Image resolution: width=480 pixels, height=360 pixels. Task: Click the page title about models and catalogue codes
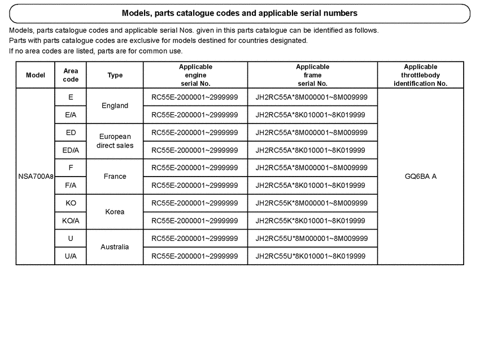(239, 12)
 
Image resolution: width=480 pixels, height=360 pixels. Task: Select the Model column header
(36, 76)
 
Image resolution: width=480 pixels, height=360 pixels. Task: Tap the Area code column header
(71, 76)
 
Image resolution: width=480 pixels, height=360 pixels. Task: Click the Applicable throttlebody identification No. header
(420, 75)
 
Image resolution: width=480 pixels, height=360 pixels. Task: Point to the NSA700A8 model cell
(36, 177)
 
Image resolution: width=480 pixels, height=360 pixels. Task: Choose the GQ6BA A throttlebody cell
(420, 177)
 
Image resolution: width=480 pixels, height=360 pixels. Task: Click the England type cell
(115, 106)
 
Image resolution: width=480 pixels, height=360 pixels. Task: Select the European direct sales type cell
(115, 141)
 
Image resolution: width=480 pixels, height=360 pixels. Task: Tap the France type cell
(115, 177)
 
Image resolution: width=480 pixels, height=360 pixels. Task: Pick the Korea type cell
(115, 212)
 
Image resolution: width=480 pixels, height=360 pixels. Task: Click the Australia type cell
(115, 247)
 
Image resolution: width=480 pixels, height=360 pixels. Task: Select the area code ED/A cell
(71, 150)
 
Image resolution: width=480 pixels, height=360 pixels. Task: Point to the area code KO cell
(71, 203)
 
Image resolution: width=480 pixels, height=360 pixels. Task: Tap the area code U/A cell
(71, 256)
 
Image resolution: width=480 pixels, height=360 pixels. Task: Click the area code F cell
(71, 168)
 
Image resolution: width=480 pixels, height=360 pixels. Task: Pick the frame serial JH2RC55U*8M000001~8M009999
(311, 238)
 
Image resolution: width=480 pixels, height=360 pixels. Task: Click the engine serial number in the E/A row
(194, 115)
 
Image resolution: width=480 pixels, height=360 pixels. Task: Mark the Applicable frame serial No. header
(312, 75)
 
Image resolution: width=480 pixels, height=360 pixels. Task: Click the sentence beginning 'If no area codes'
(96, 51)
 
